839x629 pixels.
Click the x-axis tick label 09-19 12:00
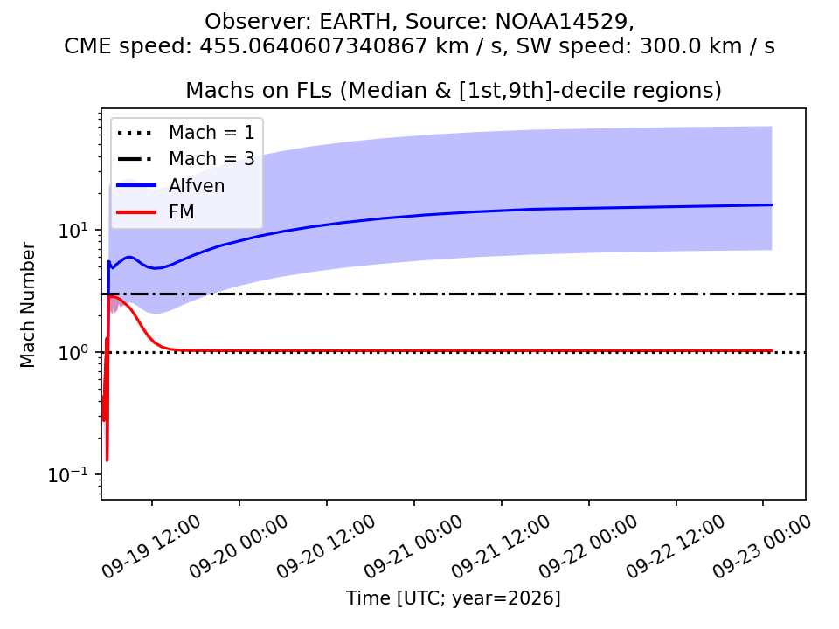coord(151,546)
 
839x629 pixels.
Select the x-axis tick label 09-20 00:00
coord(239,546)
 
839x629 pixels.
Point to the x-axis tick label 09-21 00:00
coord(413,546)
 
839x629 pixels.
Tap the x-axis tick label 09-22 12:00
coord(676,546)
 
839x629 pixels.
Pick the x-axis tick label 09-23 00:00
coord(762,546)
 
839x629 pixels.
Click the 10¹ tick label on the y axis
coord(74,230)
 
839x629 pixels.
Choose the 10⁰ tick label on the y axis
coord(74,352)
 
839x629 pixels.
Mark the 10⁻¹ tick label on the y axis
coord(70,474)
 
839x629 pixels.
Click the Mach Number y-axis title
coord(27,305)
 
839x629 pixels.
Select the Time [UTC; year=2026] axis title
coord(454,598)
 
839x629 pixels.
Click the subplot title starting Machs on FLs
coord(454,90)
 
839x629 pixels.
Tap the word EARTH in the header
coord(355,22)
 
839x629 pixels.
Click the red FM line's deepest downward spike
coord(107,460)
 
